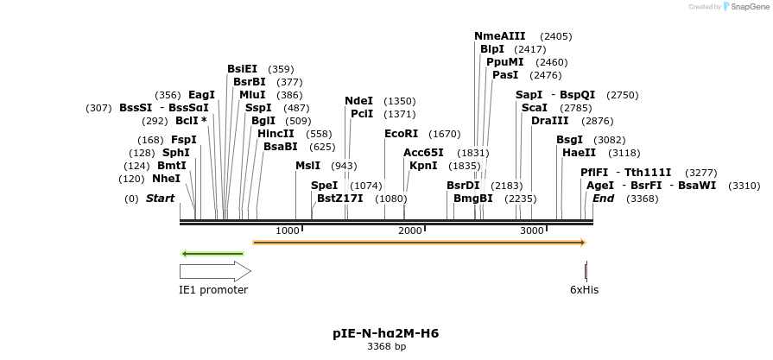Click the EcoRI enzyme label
coord(401,134)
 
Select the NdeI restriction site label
coord(358,101)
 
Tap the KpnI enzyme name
coord(422,165)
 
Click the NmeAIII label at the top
coord(499,36)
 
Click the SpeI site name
coord(324,185)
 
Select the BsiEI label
coord(242,69)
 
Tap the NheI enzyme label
coord(166,179)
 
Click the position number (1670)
coord(444,134)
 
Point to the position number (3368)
coord(642,199)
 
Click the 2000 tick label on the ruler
coord(409,231)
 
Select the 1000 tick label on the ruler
coord(287,231)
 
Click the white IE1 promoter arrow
coord(214,271)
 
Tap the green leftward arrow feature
coord(212,254)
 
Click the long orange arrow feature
coord(419,243)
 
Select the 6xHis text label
coord(584,290)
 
